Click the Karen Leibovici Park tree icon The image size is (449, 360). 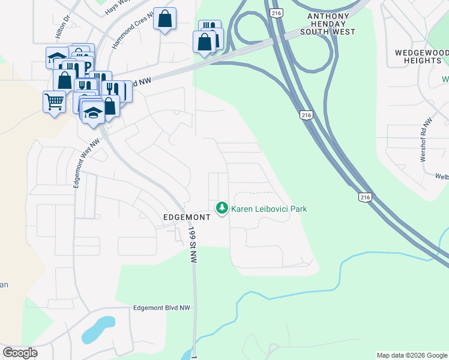point(222,208)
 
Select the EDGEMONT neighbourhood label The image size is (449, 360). point(187,218)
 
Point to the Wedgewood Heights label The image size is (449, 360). point(422,56)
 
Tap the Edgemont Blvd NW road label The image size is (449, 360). point(161,308)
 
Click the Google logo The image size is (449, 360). point(20,353)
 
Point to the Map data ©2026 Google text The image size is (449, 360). point(411,355)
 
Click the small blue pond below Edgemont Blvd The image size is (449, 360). point(97,329)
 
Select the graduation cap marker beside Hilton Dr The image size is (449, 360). point(57,58)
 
